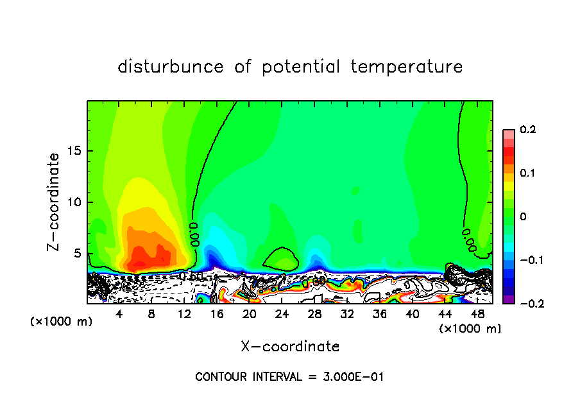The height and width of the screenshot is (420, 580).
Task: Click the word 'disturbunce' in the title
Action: [x=170, y=67]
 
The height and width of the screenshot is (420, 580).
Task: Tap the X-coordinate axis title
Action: [x=290, y=347]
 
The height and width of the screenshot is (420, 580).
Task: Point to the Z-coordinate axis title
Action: [x=55, y=202]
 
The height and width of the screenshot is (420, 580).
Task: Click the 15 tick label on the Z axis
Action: [x=74, y=151]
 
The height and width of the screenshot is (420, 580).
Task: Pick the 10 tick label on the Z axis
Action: [x=74, y=202]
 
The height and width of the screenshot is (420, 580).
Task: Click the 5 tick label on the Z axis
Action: [x=78, y=253]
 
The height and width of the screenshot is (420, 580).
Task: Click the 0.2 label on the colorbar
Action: [x=527, y=130]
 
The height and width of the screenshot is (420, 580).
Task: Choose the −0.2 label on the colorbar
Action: [x=527, y=304]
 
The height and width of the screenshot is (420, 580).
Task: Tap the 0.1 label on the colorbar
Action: [x=527, y=173]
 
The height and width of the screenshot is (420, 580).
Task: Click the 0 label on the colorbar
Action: [x=523, y=217]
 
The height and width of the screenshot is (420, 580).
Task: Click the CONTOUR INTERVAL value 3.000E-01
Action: [x=352, y=377]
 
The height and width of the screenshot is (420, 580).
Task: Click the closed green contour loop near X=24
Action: [x=281, y=259]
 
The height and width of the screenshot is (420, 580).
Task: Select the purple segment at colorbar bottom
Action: [x=509, y=299]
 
